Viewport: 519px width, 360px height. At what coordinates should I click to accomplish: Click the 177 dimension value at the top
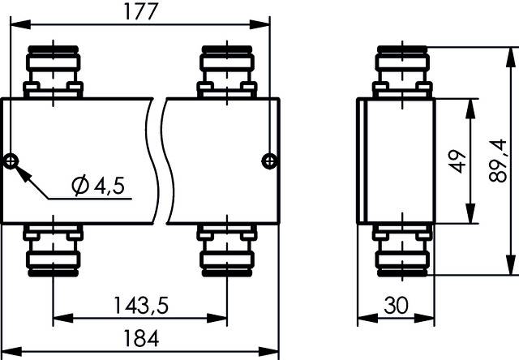click(x=138, y=11)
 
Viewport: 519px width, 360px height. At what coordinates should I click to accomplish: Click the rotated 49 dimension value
click(x=456, y=161)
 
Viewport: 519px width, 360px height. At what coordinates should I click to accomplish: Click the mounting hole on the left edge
click(x=11, y=161)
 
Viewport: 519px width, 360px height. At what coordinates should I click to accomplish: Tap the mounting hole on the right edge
click(x=268, y=161)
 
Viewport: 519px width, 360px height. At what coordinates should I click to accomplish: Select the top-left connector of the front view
click(x=53, y=71)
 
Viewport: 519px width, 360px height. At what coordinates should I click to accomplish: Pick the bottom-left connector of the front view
click(x=53, y=251)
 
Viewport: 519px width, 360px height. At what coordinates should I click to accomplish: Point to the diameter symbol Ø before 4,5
click(x=80, y=187)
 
